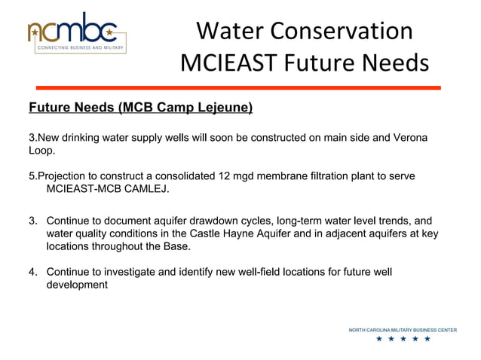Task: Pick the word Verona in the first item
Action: [409, 138]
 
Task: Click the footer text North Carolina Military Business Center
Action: [402, 330]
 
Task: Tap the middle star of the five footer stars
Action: [403, 339]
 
